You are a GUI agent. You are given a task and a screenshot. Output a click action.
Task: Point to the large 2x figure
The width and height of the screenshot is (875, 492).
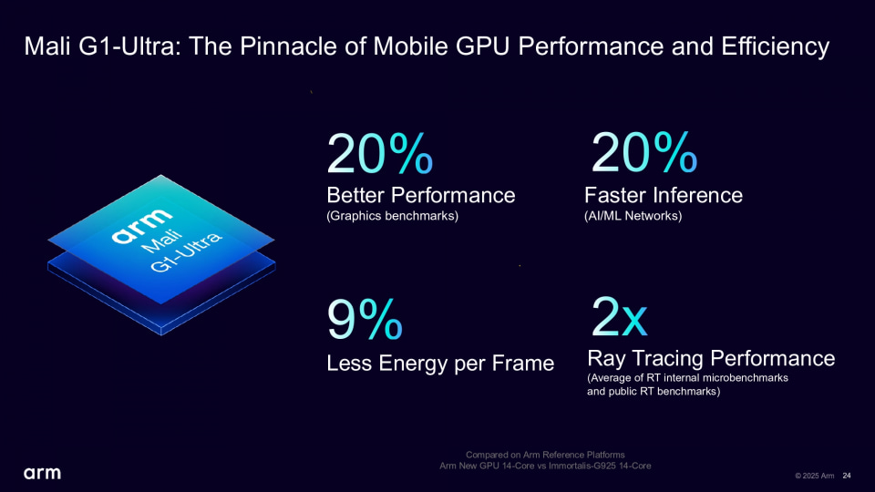[619, 316]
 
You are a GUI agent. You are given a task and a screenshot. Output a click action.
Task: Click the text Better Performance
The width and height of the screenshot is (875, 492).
[420, 195]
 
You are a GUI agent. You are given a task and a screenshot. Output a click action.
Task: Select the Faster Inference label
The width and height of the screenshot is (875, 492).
[664, 195]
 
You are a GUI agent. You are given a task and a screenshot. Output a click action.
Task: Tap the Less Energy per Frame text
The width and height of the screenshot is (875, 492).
[440, 364]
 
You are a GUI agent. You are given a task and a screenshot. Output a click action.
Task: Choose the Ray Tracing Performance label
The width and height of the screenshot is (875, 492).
[711, 358]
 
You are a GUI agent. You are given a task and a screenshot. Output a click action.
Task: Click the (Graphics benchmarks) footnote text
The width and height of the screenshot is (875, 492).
[392, 216]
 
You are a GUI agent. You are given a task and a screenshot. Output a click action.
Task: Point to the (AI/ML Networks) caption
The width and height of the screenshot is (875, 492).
[633, 216]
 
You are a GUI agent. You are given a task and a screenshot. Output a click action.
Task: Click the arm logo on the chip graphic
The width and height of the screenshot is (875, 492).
[141, 224]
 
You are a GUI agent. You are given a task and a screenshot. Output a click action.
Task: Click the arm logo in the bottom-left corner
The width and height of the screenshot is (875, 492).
[42, 473]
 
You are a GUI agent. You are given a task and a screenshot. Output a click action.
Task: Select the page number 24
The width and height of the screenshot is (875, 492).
[847, 476]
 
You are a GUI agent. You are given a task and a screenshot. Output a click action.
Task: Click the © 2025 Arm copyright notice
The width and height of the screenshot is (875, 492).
[814, 476]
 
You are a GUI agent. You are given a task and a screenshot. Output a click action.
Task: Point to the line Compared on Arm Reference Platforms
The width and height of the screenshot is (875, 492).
[545, 455]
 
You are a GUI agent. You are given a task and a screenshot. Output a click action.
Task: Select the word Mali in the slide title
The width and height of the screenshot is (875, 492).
[46, 46]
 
